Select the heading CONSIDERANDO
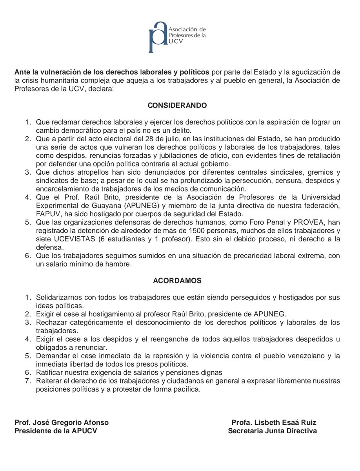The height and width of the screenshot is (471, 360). coord(177,106)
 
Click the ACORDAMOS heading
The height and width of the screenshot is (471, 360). coord(177,281)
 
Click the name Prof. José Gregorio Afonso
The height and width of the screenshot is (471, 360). coord(62,423)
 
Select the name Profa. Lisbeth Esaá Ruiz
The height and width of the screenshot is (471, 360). coord(274,423)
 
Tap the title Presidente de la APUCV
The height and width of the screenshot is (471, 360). coord(56,431)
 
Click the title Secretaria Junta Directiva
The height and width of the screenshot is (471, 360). coord(273,431)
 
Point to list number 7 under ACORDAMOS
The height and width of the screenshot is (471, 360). coord(27,382)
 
